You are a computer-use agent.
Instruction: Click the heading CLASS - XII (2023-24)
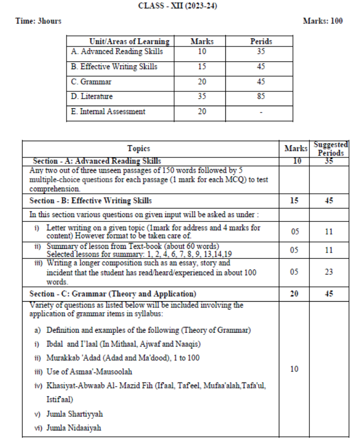tap(179, 6)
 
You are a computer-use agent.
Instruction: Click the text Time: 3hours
tap(39, 21)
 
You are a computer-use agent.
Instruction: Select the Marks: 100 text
tap(323, 21)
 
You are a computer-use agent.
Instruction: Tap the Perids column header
tap(261, 41)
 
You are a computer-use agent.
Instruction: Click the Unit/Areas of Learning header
tap(129, 41)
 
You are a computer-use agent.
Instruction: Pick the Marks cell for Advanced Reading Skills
tap(202, 52)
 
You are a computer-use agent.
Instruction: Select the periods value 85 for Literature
tap(261, 97)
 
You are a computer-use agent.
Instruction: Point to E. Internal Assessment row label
tap(108, 111)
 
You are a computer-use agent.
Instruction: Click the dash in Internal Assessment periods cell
tap(261, 112)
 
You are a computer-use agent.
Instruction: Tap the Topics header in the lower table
tap(138, 149)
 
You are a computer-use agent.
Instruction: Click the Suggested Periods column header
tap(330, 148)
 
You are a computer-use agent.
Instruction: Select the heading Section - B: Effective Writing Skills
tap(90, 201)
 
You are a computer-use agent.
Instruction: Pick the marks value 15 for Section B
tap(294, 201)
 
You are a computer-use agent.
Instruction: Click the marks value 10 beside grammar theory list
tap(294, 369)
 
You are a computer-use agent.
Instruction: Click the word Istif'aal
tap(60, 400)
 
